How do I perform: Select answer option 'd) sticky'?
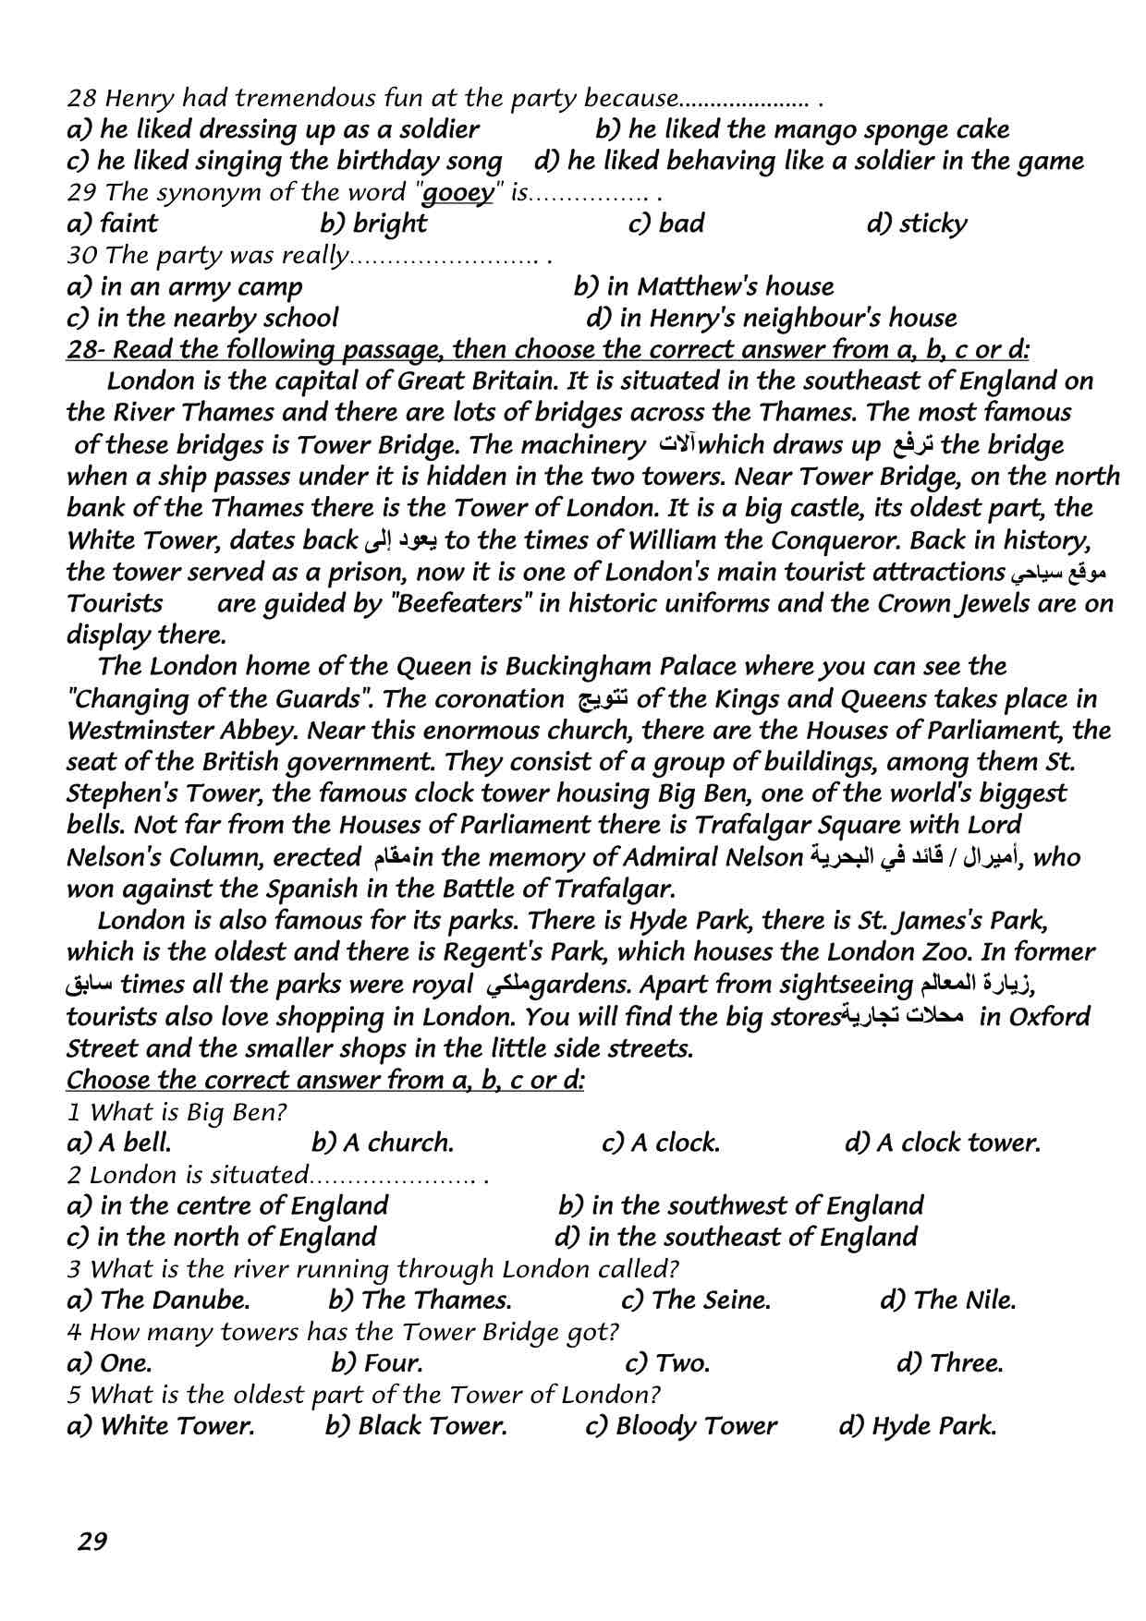[x=917, y=224]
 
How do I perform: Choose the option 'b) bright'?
[x=373, y=224]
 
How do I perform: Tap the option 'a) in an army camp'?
[x=185, y=286]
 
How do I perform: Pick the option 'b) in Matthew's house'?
[x=703, y=286]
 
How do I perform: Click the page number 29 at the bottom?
[x=92, y=1541]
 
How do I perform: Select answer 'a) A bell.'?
[x=119, y=1143]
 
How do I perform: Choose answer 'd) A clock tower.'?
[x=942, y=1143]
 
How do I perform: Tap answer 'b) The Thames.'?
[x=420, y=1300]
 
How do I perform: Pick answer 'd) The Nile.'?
[x=947, y=1300]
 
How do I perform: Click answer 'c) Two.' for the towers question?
[x=667, y=1362]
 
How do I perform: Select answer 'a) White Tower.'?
[x=161, y=1425]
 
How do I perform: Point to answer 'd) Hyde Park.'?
[x=917, y=1425]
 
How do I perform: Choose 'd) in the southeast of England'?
[x=736, y=1237]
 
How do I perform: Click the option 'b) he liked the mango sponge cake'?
[x=802, y=129]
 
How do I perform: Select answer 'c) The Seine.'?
[x=696, y=1300]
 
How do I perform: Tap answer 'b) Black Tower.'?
[x=416, y=1425]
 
